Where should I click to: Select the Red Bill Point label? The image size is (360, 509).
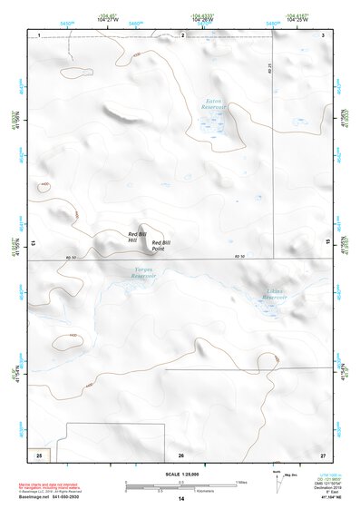point(161,245)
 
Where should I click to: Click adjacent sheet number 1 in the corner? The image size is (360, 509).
point(40,34)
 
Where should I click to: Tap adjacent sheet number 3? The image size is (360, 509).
point(324,34)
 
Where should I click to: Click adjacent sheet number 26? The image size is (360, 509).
point(181,455)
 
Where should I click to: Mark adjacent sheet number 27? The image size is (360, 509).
point(324,455)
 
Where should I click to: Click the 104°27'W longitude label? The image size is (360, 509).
point(111,19)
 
